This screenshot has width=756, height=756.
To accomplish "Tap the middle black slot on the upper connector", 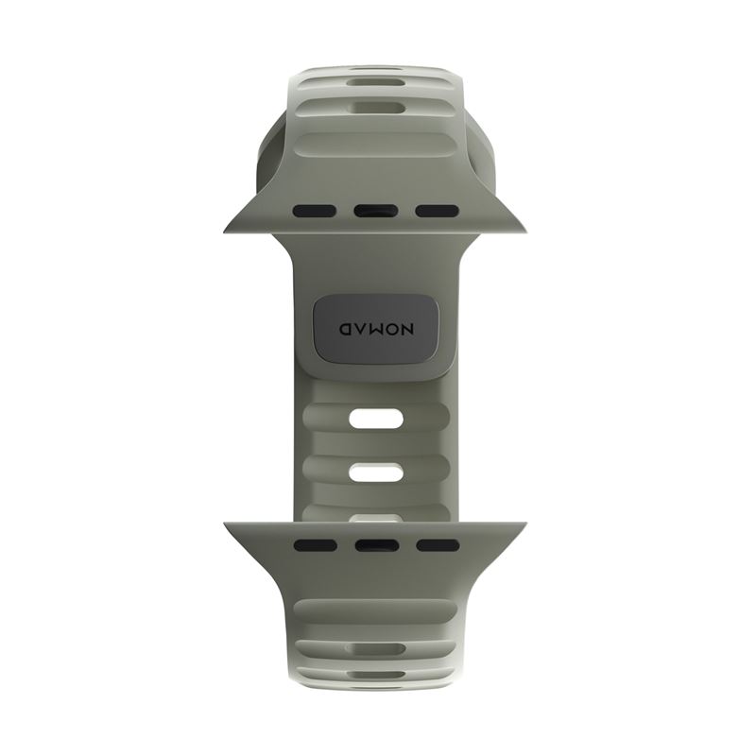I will tap(375, 211).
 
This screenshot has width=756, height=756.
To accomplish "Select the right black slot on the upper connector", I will tap(437, 211).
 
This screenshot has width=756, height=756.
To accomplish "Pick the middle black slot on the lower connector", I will tap(375, 544).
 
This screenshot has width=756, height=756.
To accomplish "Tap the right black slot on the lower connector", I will tap(437, 544).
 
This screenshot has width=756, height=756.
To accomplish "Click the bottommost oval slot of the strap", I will tap(375, 676).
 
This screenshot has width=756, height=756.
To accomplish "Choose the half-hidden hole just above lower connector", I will tap(375, 517).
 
